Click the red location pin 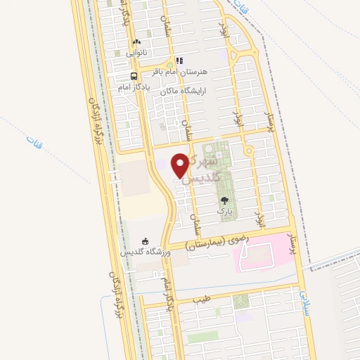[x=181, y=165]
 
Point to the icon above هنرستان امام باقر [x=179, y=60]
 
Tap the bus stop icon [x=134, y=77]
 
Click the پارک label [x=224, y=211]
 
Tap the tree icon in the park [x=224, y=200]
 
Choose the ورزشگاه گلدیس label [x=145, y=252]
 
